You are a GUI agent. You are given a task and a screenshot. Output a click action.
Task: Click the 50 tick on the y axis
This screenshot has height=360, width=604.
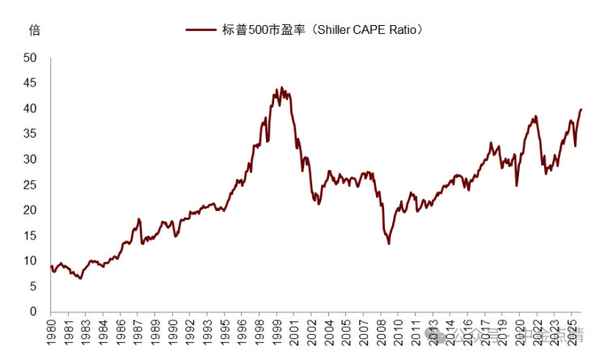pyautogui.click(x=31, y=57)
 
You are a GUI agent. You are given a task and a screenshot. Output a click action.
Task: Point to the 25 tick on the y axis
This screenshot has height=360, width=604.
pyautogui.click(x=31, y=184)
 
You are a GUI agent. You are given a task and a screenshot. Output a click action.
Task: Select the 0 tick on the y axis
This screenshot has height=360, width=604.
pyautogui.click(x=34, y=311)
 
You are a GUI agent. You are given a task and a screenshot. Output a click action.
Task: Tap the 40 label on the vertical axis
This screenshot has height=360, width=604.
pyautogui.click(x=31, y=108)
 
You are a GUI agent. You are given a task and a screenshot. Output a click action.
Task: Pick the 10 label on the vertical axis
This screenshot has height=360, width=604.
pyautogui.click(x=31, y=260)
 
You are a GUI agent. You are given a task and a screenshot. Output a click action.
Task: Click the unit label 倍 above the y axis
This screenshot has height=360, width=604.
pyautogui.click(x=34, y=31)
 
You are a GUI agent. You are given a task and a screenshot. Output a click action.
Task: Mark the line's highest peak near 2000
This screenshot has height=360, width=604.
pyautogui.click(x=281, y=88)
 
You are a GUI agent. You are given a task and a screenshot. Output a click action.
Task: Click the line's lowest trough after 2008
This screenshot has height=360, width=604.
pyautogui.click(x=389, y=244)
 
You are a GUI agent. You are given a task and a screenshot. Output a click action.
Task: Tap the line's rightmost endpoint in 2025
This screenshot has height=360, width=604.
pyautogui.click(x=581, y=109)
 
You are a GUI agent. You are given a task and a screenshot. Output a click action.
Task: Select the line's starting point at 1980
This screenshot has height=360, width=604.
pyautogui.click(x=51, y=265)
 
